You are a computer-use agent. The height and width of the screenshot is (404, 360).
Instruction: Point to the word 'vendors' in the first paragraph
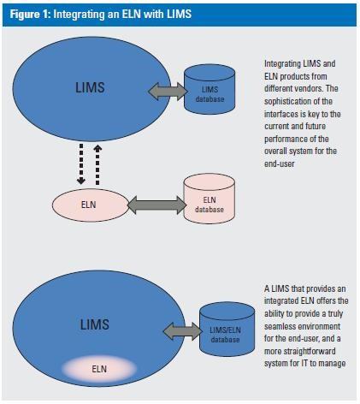[x=302, y=86]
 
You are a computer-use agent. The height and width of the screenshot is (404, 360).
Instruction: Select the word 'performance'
[x=288, y=130]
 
